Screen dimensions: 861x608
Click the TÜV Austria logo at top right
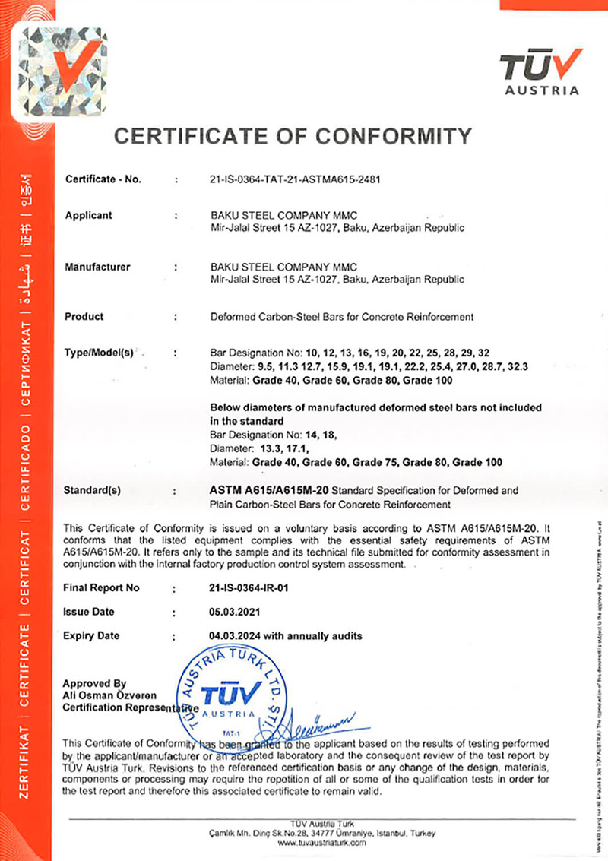(540, 72)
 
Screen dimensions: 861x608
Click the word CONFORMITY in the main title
(394, 136)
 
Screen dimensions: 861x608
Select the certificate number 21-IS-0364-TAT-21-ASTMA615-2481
(294, 180)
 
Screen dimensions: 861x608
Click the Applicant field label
(88, 215)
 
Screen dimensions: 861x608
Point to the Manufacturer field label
(97, 267)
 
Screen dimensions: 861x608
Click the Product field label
(84, 316)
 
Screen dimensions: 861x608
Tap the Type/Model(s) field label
(100, 353)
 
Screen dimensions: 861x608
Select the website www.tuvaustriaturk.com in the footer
(322, 843)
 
